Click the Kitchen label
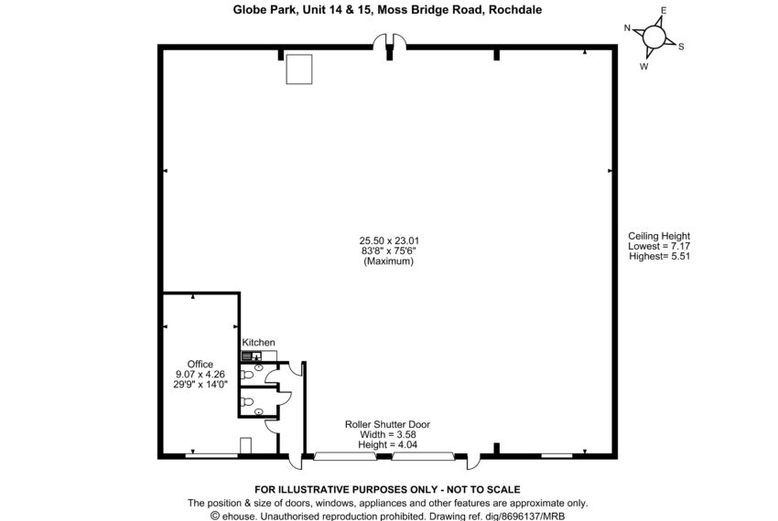click(x=258, y=343)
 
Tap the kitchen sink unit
click(x=251, y=356)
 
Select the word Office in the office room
click(x=200, y=365)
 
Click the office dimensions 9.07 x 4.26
click(x=200, y=374)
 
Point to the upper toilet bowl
click(x=246, y=374)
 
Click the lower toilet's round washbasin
click(x=258, y=411)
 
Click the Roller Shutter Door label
click(x=387, y=424)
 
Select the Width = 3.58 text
click(x=387, y=435)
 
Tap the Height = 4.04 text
click(x=387, y=444)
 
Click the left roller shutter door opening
click(x=345, y=456)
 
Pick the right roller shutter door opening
click(x=423, y=456)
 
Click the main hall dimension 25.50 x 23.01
click(x=389, y=240)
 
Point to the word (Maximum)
click(x=388, y=260)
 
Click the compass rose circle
click(x=654, y=37)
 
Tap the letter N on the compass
click(x=627, y=28)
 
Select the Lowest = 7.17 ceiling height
click(x=659, y=246)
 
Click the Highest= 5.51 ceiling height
click(x=659, y=256)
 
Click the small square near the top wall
click(x=299, y=69)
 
